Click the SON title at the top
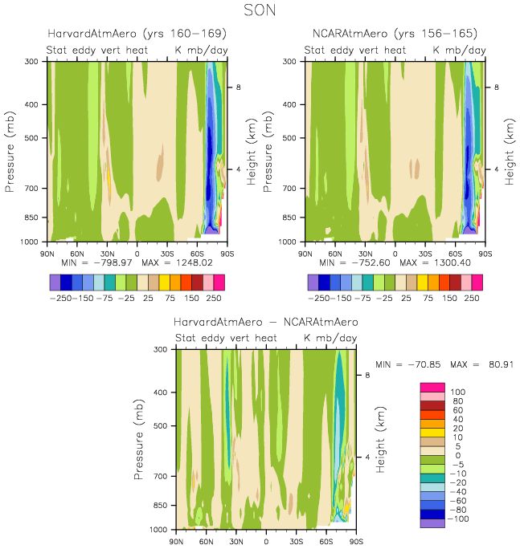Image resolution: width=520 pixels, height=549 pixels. tap(260, 11)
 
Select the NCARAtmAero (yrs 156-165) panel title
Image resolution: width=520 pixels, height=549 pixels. tap(395, 34)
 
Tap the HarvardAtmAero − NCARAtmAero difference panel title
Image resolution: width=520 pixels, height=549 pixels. tap(266, 322)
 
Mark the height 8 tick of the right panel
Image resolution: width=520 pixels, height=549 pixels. tap(496, 87)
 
